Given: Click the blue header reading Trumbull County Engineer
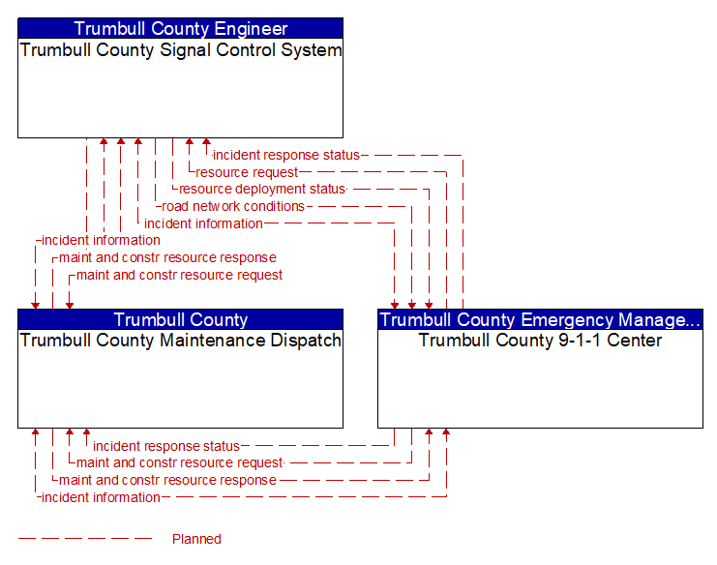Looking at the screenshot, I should pos(180,28).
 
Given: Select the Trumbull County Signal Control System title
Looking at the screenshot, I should pos(180,50).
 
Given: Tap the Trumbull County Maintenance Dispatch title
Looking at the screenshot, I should pos(180,341).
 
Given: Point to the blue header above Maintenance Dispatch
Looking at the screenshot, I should pos(180,319).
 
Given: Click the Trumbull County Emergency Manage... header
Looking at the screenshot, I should pos(540,319).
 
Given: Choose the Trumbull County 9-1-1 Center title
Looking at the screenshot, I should pos(540,341).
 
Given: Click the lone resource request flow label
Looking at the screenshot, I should pos(247,172).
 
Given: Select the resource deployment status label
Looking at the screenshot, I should pos(261,190).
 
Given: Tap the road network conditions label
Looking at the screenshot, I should pos(233,206).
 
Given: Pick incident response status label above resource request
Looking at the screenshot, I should pos(285,155).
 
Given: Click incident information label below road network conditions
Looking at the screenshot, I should pos(203,223).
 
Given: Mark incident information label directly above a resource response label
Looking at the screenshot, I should pos(101,240).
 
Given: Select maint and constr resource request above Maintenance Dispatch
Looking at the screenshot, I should pos(179,275).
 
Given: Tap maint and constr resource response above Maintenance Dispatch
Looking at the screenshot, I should pos(167,257).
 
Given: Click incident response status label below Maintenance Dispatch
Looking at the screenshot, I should pos(165,446).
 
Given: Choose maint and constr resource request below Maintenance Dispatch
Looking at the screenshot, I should pos(179,463).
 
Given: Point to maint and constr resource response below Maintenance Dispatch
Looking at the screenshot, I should pos(167,480).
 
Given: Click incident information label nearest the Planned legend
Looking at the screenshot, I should pos(101,497).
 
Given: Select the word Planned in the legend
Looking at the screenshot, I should pos(196,539).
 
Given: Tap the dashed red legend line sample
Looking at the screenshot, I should pos(85,539).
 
